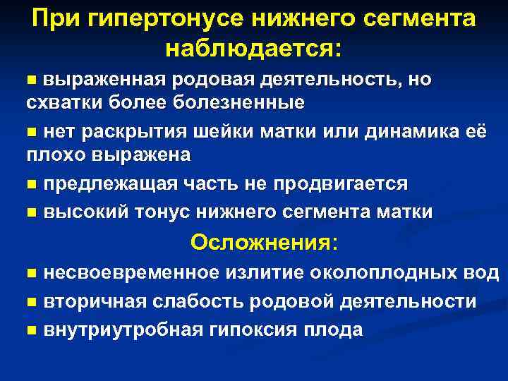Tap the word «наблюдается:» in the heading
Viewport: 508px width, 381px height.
coord(253,49)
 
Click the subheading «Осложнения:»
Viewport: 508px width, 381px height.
coord(264,243)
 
